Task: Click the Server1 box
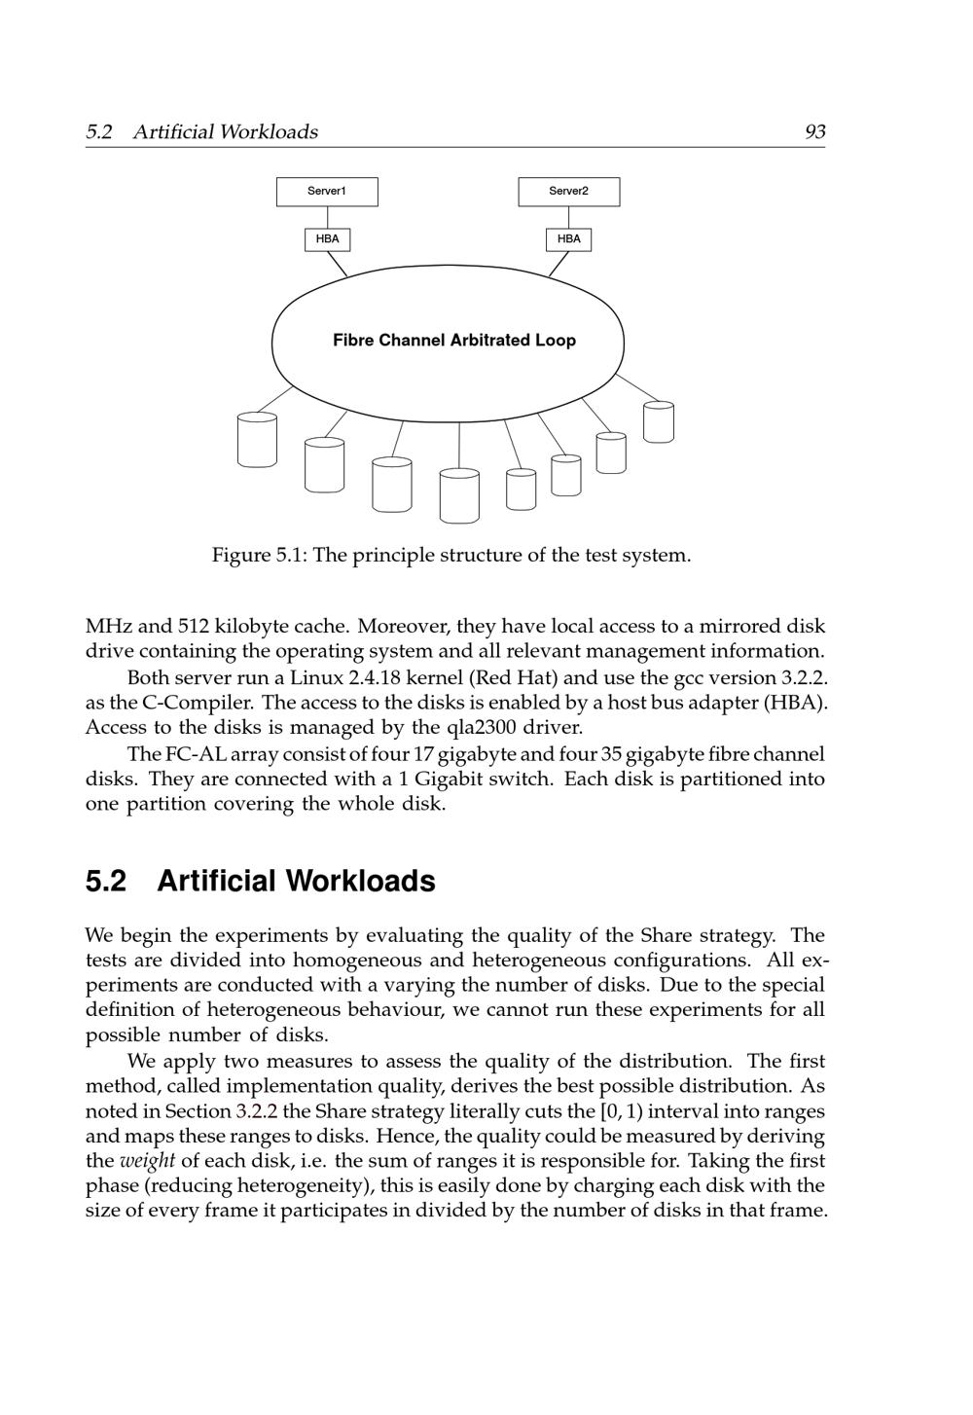tap(327, 192)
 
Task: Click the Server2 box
tap(568, 192)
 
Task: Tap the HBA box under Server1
tap(327, 239)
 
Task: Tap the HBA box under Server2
tap(568, 239)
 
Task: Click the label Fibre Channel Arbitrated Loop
tap(453, 341)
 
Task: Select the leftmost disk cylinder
tap(257, 439)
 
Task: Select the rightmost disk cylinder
tap(659, 421)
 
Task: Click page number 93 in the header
tap(815, 132)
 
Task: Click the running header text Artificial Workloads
tap(225, 132)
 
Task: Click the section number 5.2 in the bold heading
tap(106, 881)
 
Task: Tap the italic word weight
tap(147, 1161)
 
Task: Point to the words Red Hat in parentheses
tap(516, 677)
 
